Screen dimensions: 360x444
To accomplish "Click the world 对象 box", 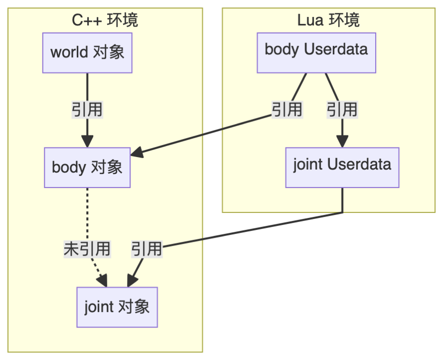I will tap(87, 52).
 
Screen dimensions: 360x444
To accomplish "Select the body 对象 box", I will tap(87, 167).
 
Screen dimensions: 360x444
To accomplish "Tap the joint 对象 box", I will tap(117, 307).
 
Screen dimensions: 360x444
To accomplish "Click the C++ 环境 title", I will tap(105, 20).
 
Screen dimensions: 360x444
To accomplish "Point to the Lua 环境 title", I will tap(328, 20).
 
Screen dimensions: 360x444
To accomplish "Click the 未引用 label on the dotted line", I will tap(87, 248).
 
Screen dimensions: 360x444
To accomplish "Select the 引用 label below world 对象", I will tap(87, 109).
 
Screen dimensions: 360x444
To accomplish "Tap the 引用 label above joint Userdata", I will tap(342, 109).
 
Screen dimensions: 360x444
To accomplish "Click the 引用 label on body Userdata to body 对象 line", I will tap(287, 109).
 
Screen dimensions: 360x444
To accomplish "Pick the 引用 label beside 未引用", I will tap(147, 248).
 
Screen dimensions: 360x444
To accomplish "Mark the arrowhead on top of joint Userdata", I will tap(342, 142).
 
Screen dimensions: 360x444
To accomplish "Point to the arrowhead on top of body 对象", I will tap(87, 142).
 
